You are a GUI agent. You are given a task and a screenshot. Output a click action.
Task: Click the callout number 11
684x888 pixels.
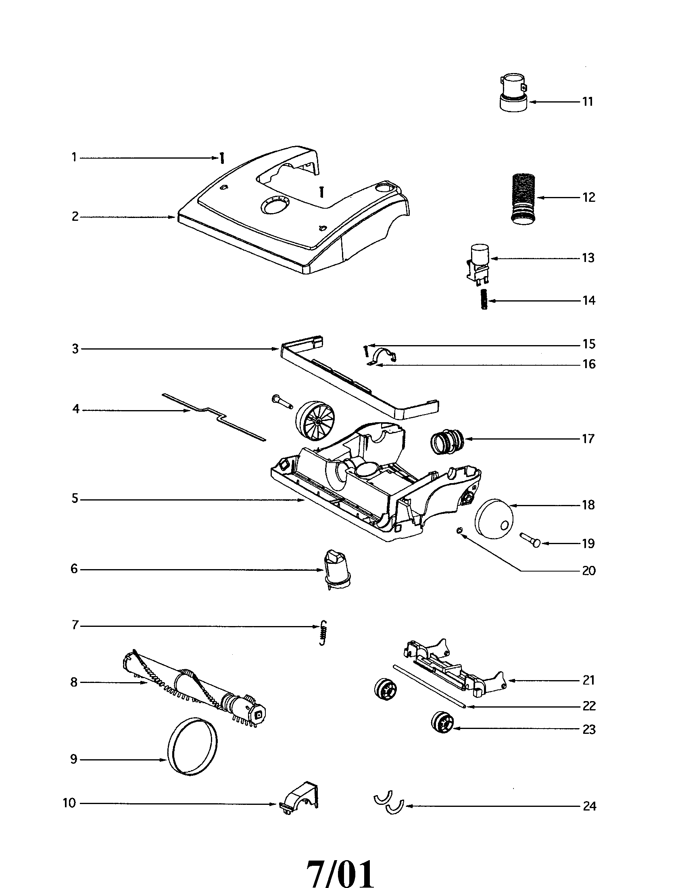(588, 102)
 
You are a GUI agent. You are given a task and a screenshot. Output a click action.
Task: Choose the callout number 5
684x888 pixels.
(75, 498)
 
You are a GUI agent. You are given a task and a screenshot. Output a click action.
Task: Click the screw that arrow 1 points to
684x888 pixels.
(222, 158)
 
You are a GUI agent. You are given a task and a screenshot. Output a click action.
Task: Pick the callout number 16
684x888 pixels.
(588, 364)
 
